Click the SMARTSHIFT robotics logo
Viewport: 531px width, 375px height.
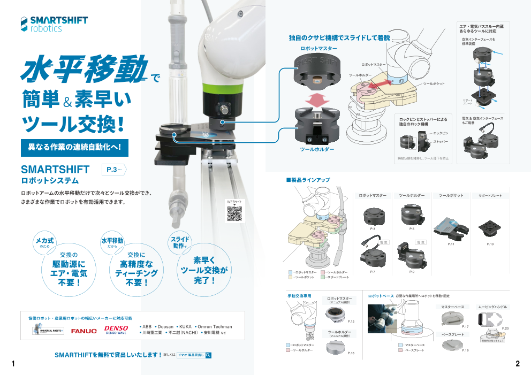[x=54, y=24]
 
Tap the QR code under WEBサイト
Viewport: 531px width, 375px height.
[x=234, y=213]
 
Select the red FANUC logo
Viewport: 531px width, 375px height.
[x=84, y=331]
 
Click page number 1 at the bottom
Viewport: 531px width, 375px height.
[x=13, y=364]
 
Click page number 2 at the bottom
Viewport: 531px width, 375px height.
[x=518, y=364]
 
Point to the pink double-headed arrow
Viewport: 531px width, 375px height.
[x=318, y=99]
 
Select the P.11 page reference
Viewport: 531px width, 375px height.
[x=451, y=243]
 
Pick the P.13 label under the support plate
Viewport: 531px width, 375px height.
[x=490, y=243]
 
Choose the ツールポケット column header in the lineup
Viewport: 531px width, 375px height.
[x=451, y=196]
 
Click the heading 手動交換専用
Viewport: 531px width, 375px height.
[x=299, y=295]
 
